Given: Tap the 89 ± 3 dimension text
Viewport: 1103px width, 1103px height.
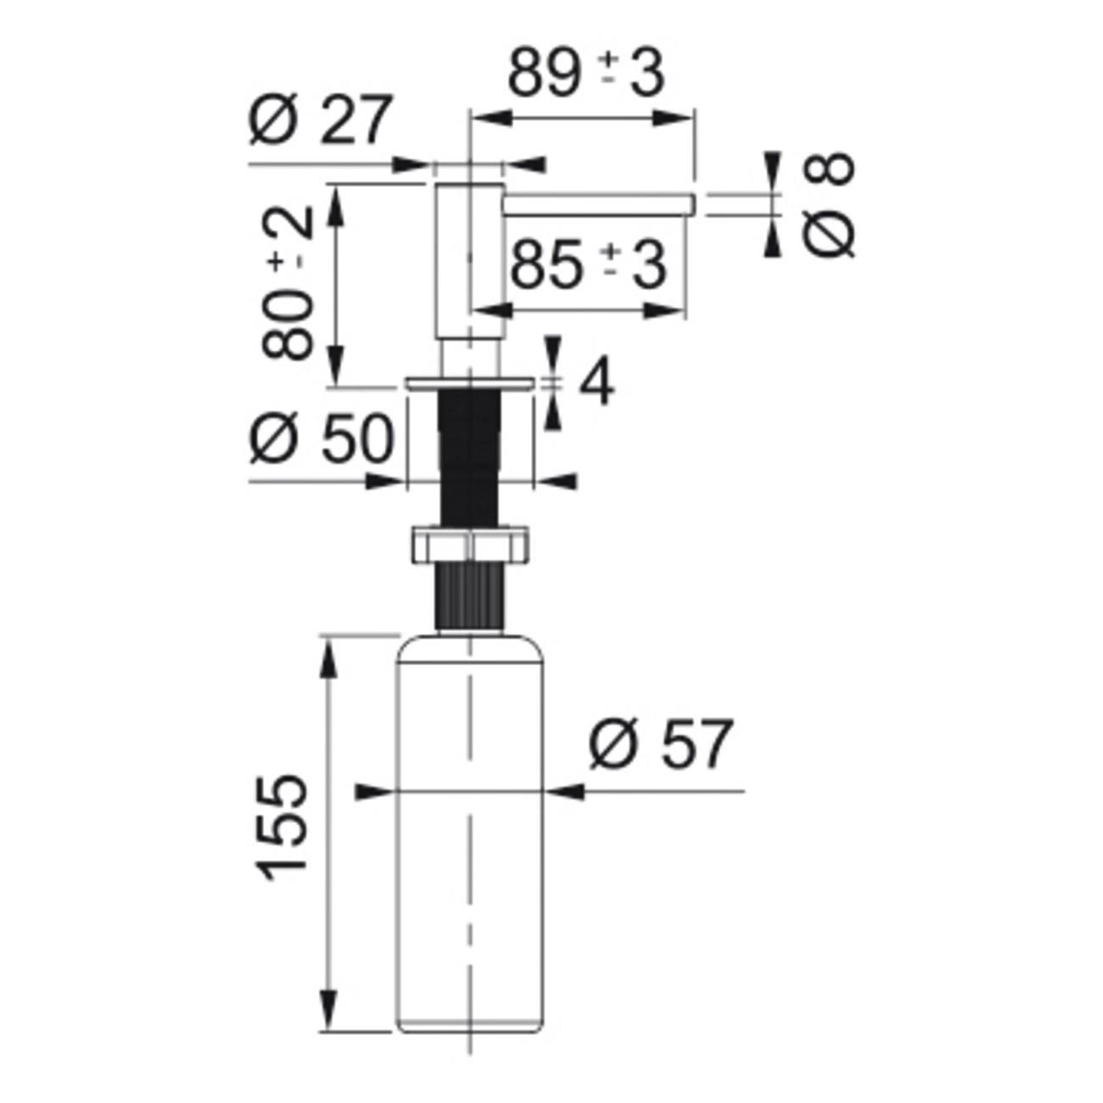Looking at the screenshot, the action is click(586, 74).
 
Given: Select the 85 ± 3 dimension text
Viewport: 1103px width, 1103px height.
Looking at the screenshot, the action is click(588, 265).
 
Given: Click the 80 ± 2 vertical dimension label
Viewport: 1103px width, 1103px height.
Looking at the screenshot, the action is click(288, 283).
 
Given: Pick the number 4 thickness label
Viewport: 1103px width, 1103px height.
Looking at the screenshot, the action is click(596, 382).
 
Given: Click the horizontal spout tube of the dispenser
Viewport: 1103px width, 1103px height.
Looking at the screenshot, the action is click(599, 205).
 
